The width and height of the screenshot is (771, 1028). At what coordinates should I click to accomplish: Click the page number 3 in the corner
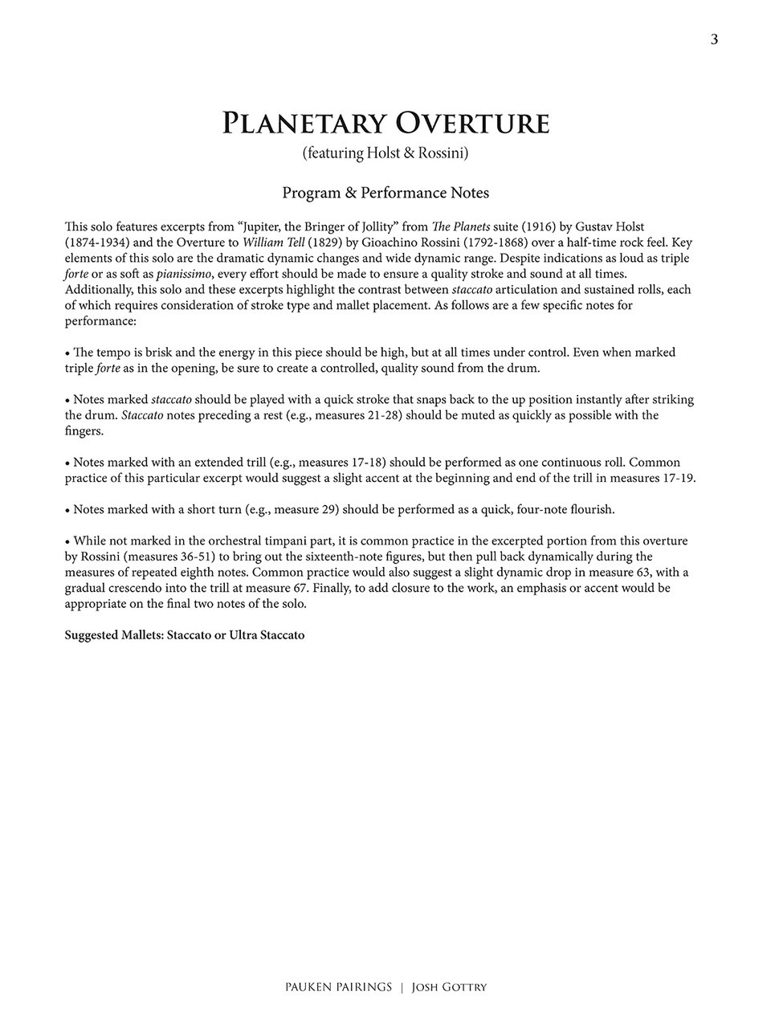pos(714,40)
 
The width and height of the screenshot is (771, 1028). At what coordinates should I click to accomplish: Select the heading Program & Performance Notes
pos(385,193)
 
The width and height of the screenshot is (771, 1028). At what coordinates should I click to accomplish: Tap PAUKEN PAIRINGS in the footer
pos(337,988)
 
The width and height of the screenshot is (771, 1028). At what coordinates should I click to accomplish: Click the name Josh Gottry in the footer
pos(449,988)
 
